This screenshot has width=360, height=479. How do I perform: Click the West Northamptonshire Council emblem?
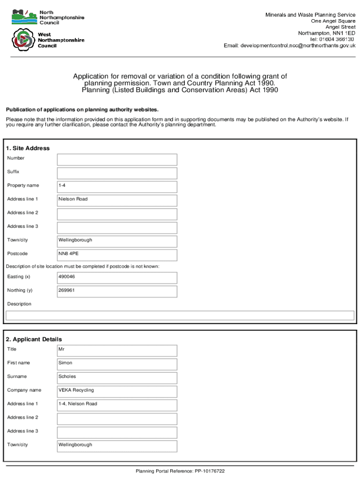point(23,40)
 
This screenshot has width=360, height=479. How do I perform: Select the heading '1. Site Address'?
point(28,148)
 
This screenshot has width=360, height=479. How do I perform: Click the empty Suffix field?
point(117,173)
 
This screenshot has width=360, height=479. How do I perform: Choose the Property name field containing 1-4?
point(117,187)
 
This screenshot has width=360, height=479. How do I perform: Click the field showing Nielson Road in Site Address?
point(117,200)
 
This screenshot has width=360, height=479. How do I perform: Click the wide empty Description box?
point(180,316)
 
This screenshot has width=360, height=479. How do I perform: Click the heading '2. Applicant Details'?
point(34,339)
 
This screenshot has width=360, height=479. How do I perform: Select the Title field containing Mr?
point(117,350)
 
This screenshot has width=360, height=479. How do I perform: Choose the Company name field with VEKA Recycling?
point(117,391)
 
